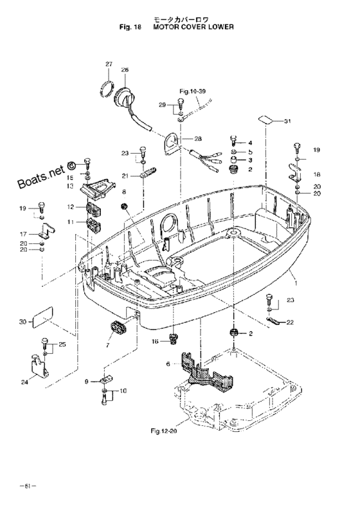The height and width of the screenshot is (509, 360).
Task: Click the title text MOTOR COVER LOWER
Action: (x=194, y=27)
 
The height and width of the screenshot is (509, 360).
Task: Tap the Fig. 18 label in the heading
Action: (x=130, y=27)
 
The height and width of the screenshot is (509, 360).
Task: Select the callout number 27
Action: (x=109, y=64)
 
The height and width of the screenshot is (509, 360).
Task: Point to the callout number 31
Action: (x=287, y=122)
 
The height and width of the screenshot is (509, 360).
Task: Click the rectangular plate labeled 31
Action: (x=266, y=120)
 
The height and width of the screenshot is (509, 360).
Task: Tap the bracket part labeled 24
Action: (x=39, y=367)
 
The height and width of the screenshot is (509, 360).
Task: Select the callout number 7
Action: (x=107, y=345)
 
